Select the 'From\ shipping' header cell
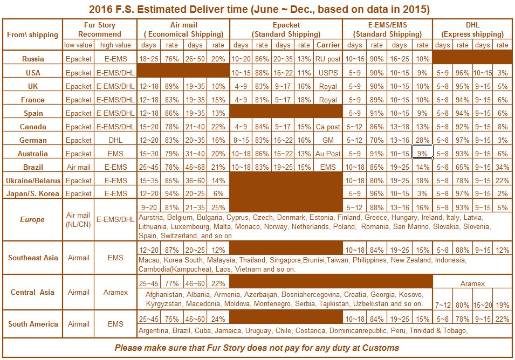(x=32, y=34)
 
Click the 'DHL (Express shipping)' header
(x=472, y=29)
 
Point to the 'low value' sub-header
(x=78, y=45)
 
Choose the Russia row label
(x=33, y=59)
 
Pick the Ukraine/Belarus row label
(x=33, y=180)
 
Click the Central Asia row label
(x=33, y=292)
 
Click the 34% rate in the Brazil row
(x=502, y=167)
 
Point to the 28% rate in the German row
(x=423, y=140)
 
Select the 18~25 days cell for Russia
(x=149, y=59)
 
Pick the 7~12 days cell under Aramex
(x=443, y=305)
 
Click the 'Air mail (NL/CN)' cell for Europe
(x=78, y=219)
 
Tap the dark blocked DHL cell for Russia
(x=472, y=57)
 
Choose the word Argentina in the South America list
(x=155, y=330)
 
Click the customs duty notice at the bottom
(x=257, y=348)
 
